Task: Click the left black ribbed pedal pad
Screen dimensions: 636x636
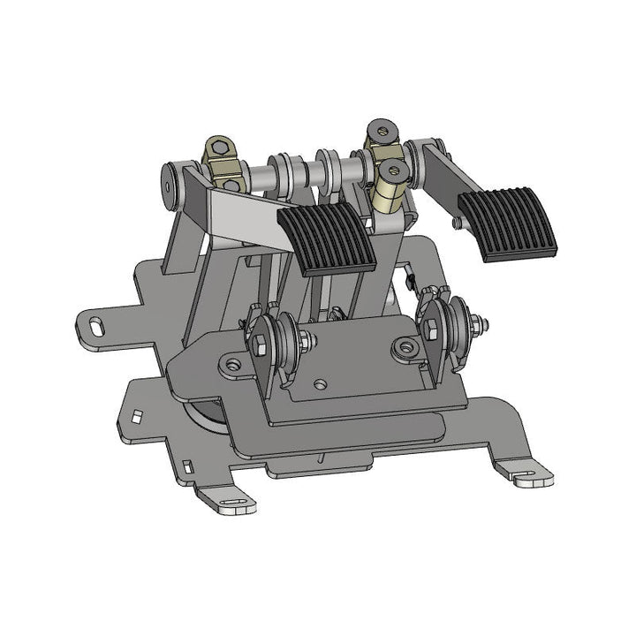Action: pos(328,240)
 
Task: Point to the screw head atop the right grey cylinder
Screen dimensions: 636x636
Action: pos(382,130)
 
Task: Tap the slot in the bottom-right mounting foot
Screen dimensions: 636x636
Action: pos(526,478)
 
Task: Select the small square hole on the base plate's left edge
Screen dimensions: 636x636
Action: pos(137,413)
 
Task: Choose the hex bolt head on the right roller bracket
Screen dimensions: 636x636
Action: pos(432,330)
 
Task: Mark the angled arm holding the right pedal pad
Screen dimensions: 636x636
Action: pos(442,177)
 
